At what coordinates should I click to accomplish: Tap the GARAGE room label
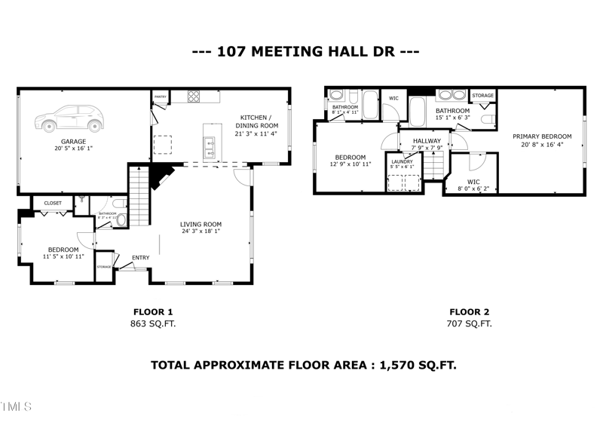point(73,141)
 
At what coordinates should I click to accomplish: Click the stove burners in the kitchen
point(193,97)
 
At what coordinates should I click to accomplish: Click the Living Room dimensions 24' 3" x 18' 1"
point(200,231)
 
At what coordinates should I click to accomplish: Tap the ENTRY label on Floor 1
point(140,258)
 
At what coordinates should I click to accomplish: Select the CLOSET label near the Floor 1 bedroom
point(53,203)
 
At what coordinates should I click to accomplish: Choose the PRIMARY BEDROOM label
point(539,136)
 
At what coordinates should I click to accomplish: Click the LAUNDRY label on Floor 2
point(403,161)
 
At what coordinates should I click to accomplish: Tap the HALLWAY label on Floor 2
point(427,141)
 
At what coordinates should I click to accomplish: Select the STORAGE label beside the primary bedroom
point(482,96)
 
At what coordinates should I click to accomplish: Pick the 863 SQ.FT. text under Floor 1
point(154,323)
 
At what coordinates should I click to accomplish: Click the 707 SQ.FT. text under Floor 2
point(470,323)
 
